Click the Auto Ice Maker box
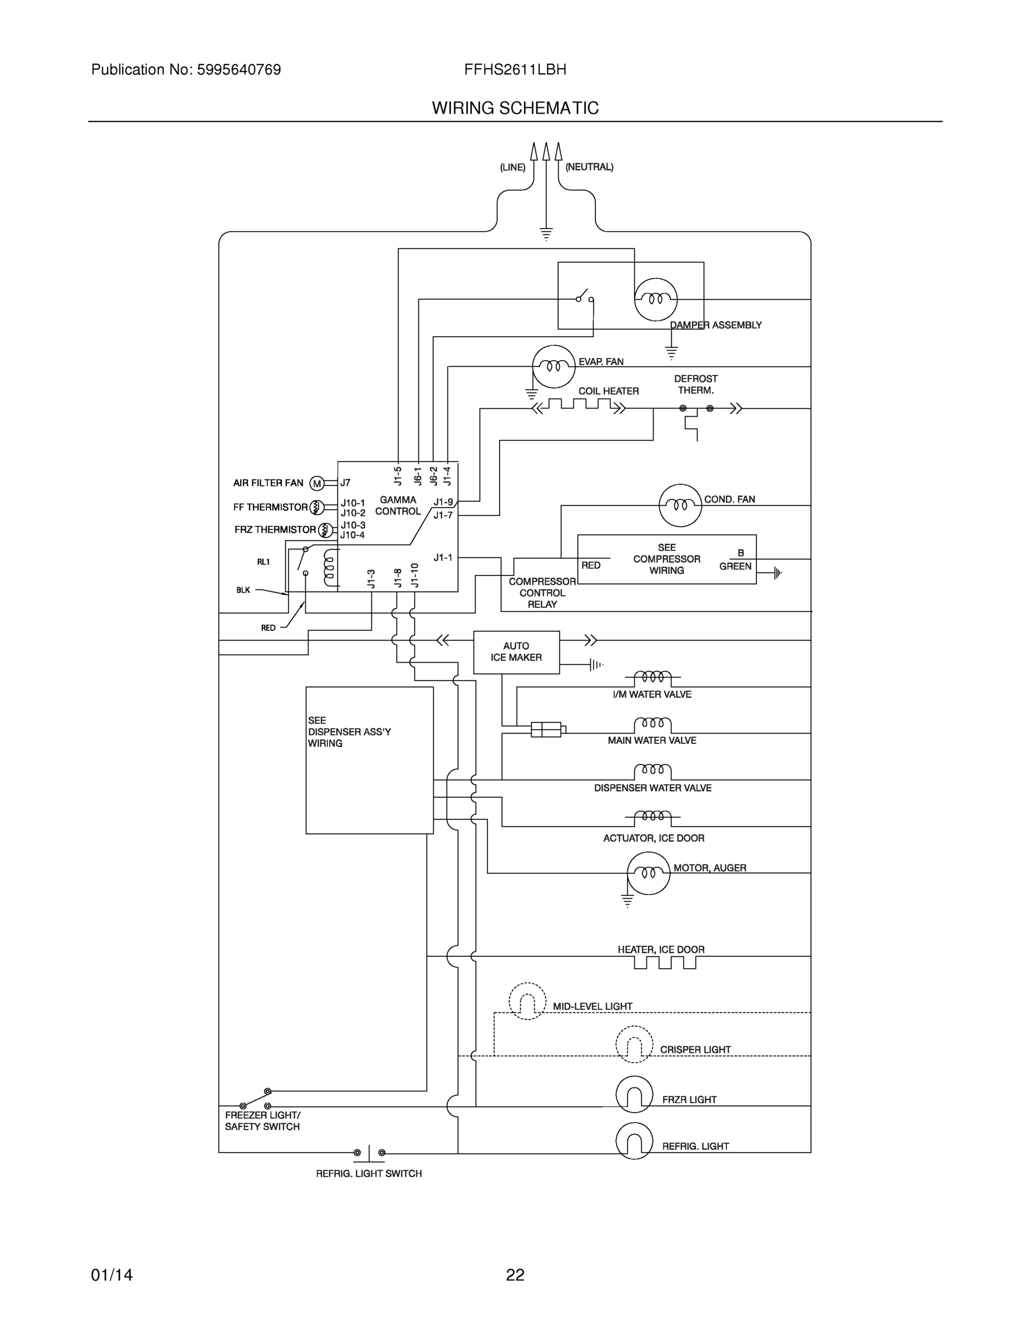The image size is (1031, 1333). pyautogui.click(x=516, y=652)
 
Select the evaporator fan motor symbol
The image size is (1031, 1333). pyautogui.click(x=554, y=366)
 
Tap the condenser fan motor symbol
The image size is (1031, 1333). pyautogui.click(x=680, y=505)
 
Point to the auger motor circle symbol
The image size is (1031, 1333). pyautogui.click(x=648, y=873)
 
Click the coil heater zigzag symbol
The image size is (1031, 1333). pyautogui.click(x=579, y=405)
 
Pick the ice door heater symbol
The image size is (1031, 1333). pyautogui.click(x=665, y=963)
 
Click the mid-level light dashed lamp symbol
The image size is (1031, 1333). pyautogui.click(x=527, y=1001)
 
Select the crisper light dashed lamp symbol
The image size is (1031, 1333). pyautogui.click(x=634, y=1044)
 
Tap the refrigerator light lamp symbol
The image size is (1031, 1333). pyautogui.click(x=634, y=1140)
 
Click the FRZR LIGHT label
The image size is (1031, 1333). pyautogui.click(x=689, y=1099)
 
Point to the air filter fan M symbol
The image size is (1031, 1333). pyautogui.click(x=316, y=483)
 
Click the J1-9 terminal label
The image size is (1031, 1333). pyautogui.click(x=444, y=502)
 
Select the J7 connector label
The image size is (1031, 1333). pyautogui.click(x=345, y=483)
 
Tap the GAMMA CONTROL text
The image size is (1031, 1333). pyautogui.click(x=397, y=505)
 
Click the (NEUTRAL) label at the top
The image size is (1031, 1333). pyautogui.click(x=589, y=167)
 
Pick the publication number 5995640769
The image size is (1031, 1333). pyautogui.click(x=239, y=69)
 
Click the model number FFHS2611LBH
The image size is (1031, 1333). pyautogui.click(x=515, y=69)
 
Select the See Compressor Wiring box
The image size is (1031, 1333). pyautogui.click(x=666, y=559)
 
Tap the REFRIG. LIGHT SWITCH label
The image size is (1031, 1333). pyautogui.click(x=368, y=1173)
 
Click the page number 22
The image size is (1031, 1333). pyautogui.click(x=515, y=1275)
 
